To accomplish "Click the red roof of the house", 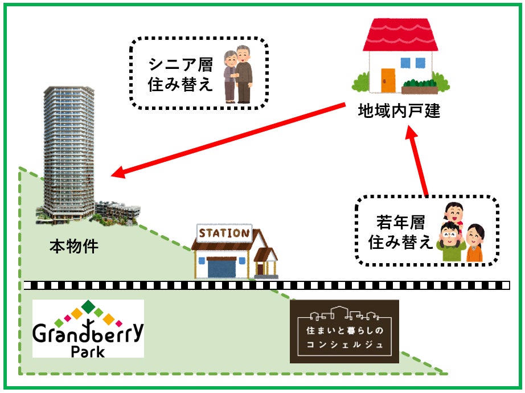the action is tap(401, 36).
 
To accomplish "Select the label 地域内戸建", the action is tap(399, 110).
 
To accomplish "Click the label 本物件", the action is tap(74, 247).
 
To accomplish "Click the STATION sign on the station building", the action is tap(224, 233).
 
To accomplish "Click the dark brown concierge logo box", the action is tap(344, 331).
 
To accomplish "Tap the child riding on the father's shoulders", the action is tap(453, 214).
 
